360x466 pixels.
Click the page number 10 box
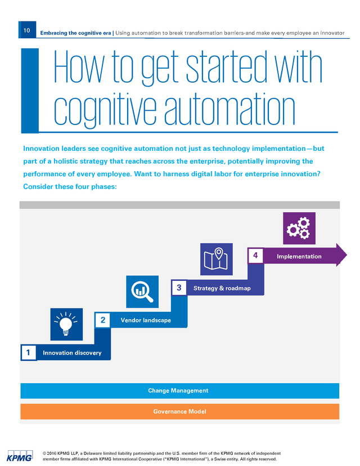[x=27, y=30]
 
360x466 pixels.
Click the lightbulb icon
[x=66, y=324]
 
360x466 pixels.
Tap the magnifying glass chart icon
[x=142, y=292]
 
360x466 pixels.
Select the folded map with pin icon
[x=216, y=259]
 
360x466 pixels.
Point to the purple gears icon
[x=299, y=228]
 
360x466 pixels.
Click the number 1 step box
[x=29, y=352]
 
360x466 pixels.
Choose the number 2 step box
[x=103, y=320]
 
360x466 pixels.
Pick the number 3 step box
[x=179, y=288]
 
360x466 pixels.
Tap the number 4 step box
[x=255, y=256]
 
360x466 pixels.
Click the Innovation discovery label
[x=72, y=353]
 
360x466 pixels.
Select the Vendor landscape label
[x=146, y=320]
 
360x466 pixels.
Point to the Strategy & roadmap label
[x=222, y=288]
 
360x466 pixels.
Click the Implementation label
[x=299, y=256]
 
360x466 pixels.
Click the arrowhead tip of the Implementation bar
[x=346, y=255]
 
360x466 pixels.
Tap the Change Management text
[x=178, y=391]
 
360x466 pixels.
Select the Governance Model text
[x=179, y=411]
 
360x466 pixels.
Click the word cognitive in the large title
[x=105, y=110]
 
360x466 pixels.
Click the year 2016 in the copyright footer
[x=51, y=454]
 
